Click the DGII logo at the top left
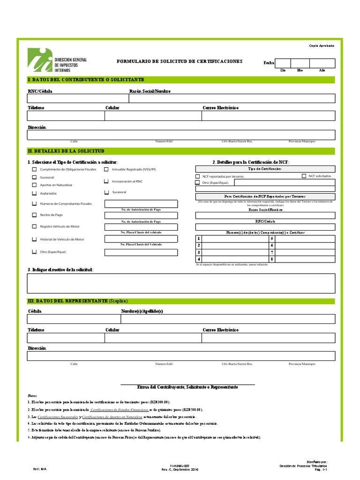pos(56,60)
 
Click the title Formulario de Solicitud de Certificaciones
pos(180,61)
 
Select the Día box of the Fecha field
pos(283,63)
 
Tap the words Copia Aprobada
pos(321,45)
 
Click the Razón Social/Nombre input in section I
pos(232,98)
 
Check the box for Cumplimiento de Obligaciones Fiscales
pos(34,169)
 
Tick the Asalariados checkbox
pos(34,193)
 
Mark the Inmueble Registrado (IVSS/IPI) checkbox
pos(106,169)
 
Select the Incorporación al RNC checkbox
pos(106,181)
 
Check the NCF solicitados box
pos(303,176)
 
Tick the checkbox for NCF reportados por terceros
pos(197,177)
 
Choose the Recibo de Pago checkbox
pos(34,215)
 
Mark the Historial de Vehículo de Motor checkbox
pos(34,239)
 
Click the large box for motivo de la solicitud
pos(181,283)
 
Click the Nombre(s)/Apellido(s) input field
pos(228,319)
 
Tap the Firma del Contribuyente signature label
pos(187,388)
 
